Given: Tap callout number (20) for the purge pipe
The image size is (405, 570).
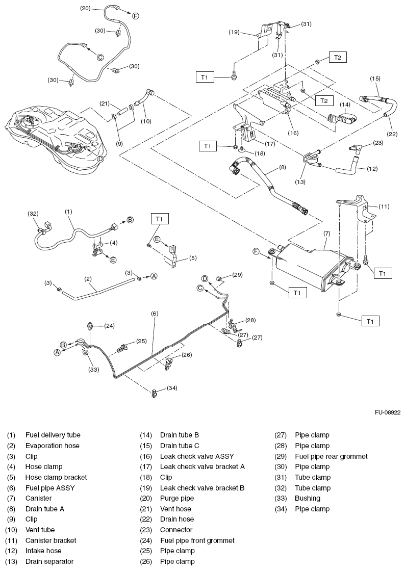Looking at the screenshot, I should click(86, 8).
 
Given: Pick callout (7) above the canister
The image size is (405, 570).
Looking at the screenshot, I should click(327, 234).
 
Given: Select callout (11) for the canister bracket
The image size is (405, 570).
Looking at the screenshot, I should click(384, 206).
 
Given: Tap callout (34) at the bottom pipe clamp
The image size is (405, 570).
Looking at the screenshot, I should click(171, 388).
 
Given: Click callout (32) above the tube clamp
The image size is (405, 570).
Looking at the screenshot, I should click(33, 214).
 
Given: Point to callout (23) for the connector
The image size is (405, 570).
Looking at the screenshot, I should click(378, 143).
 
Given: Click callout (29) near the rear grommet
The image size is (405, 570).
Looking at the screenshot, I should click(237, 275).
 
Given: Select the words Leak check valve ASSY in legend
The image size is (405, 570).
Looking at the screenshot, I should click(197, 456).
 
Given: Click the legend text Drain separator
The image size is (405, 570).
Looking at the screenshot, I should click(49, 561).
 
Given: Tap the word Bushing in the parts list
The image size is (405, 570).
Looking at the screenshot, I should click(308, 498).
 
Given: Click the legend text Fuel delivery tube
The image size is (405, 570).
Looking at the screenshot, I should click(53, 435).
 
